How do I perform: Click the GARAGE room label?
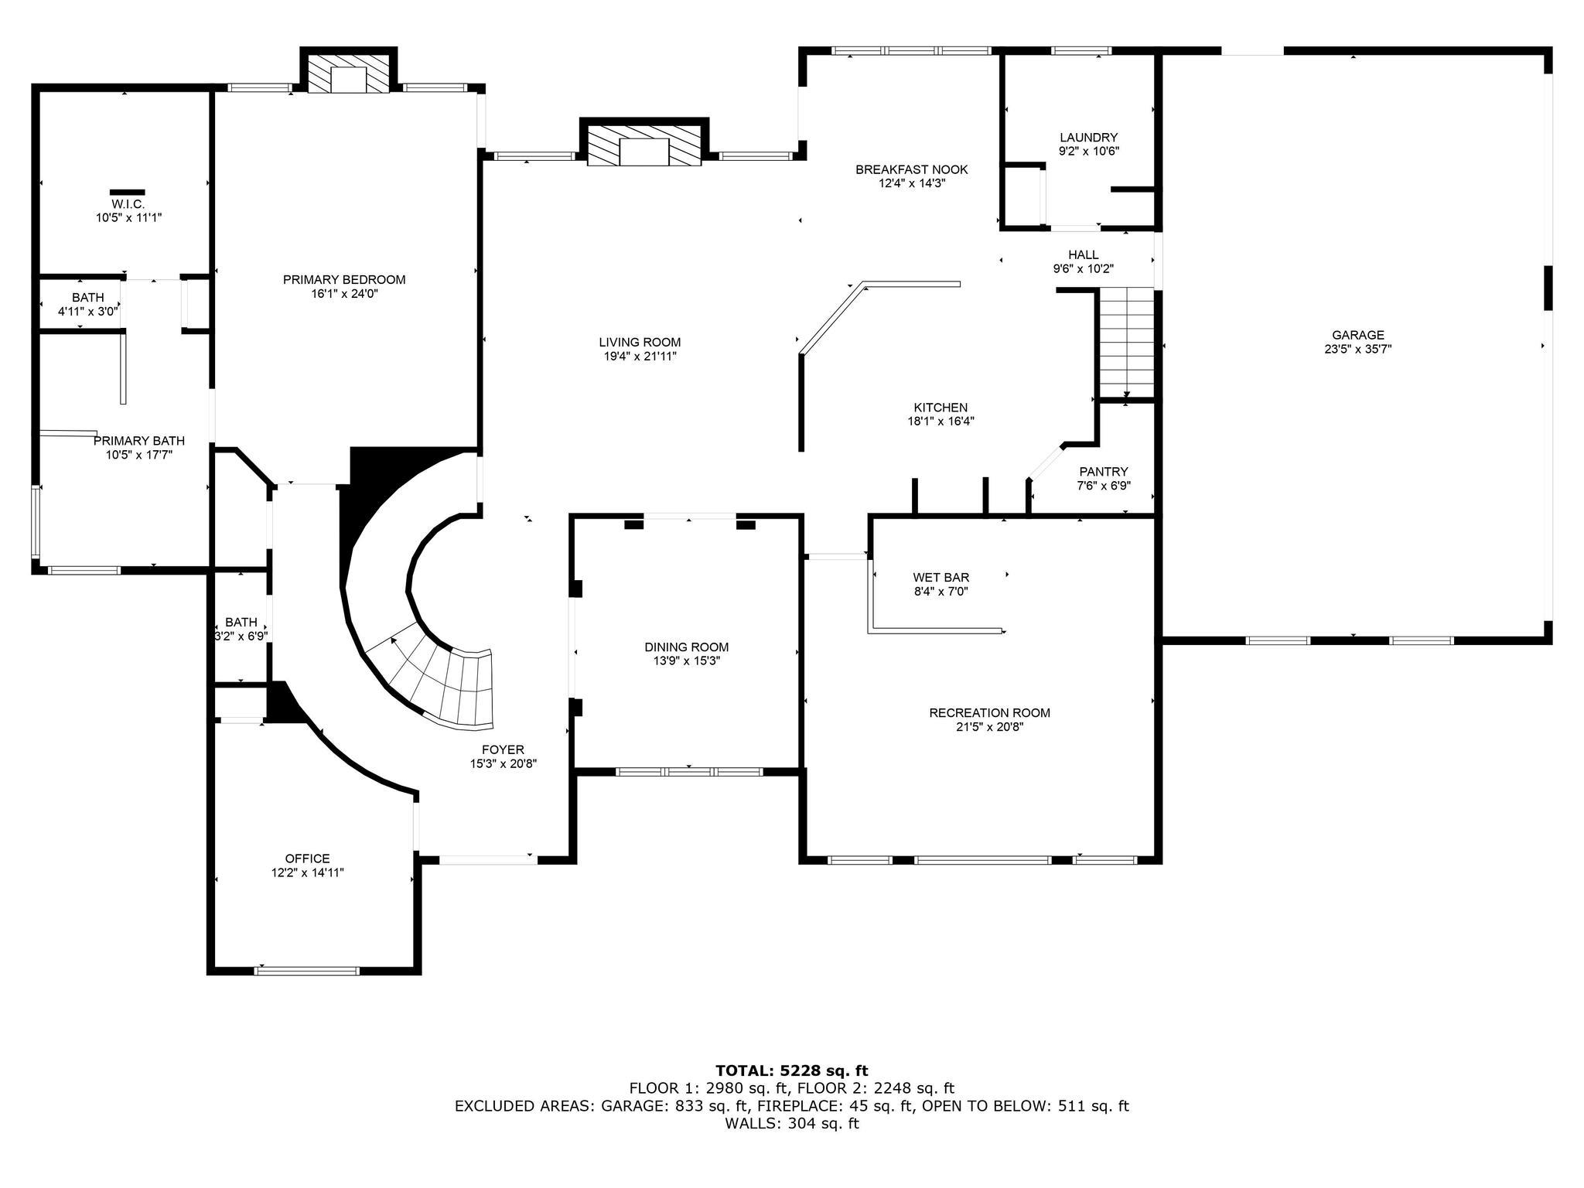coord(1357,335)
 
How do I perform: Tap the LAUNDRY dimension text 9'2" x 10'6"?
coord(1088,152)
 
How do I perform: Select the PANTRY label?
coord(1103,472)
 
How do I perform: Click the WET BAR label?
coord(940,577)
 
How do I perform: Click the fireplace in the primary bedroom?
coord(348,74)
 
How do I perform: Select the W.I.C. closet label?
coord(128,203)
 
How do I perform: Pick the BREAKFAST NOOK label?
coord(911,169)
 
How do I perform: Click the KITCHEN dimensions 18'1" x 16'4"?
coord(940,422)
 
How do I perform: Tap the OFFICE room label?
coord(307,859)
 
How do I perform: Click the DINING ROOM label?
coord(686,647)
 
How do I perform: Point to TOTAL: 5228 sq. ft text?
coord(791,1070)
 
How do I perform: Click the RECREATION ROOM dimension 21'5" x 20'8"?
coord(989,727)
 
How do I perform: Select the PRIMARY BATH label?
coord(139,441)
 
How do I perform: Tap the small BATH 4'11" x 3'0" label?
coord(87,298)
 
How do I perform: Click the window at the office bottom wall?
coord(307,971)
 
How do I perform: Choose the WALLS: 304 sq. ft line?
coord(791,1123)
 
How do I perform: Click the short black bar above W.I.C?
coord(127,191)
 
